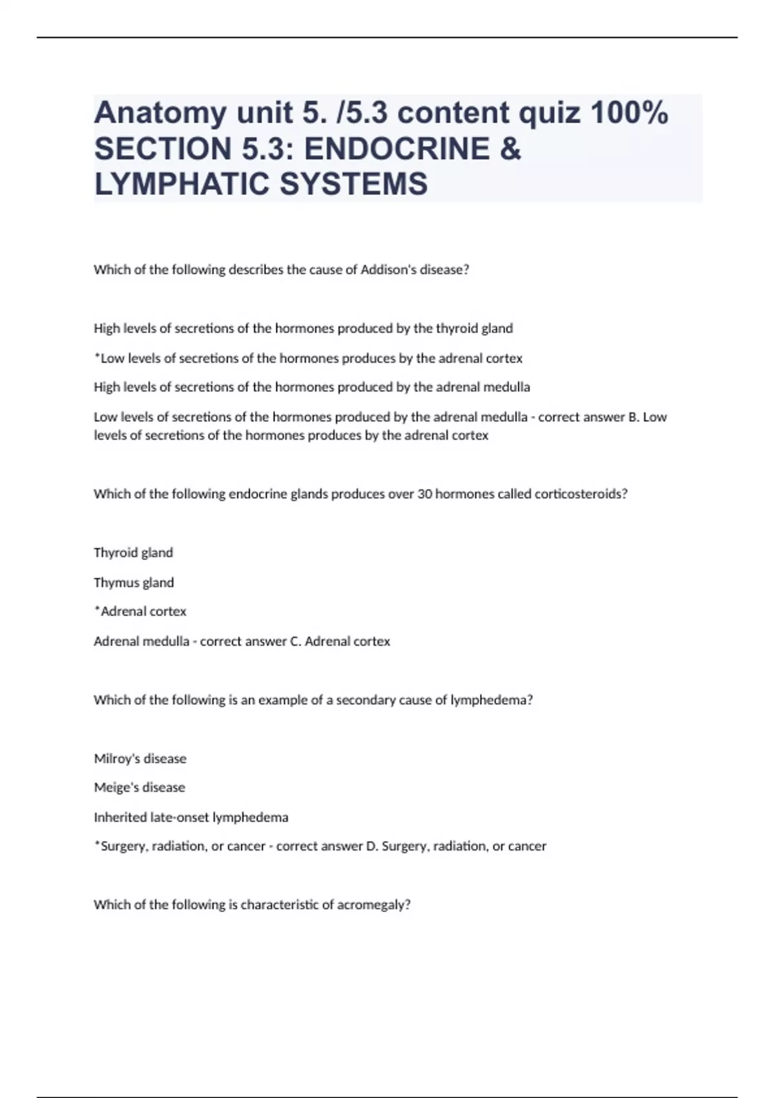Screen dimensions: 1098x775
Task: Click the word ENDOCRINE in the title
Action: tap(397, 149)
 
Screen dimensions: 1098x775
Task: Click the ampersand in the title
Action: tap(510, 149)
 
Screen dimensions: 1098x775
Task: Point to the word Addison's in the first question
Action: tap(389, 270)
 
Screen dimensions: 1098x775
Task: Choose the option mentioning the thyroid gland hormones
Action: tap(304, 329)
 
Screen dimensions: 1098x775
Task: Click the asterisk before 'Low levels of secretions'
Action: tap(97, 357)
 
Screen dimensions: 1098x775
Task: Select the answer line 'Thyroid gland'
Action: tap(134, 553)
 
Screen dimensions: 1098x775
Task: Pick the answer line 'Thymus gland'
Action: tap(134, 583)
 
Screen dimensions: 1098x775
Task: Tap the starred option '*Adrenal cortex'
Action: tap(141, 612)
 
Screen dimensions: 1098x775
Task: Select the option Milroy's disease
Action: tap(140, 759)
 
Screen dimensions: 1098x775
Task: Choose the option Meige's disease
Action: tap(139, 788)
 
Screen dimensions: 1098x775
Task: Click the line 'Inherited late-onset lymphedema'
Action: tap(191, 818)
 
